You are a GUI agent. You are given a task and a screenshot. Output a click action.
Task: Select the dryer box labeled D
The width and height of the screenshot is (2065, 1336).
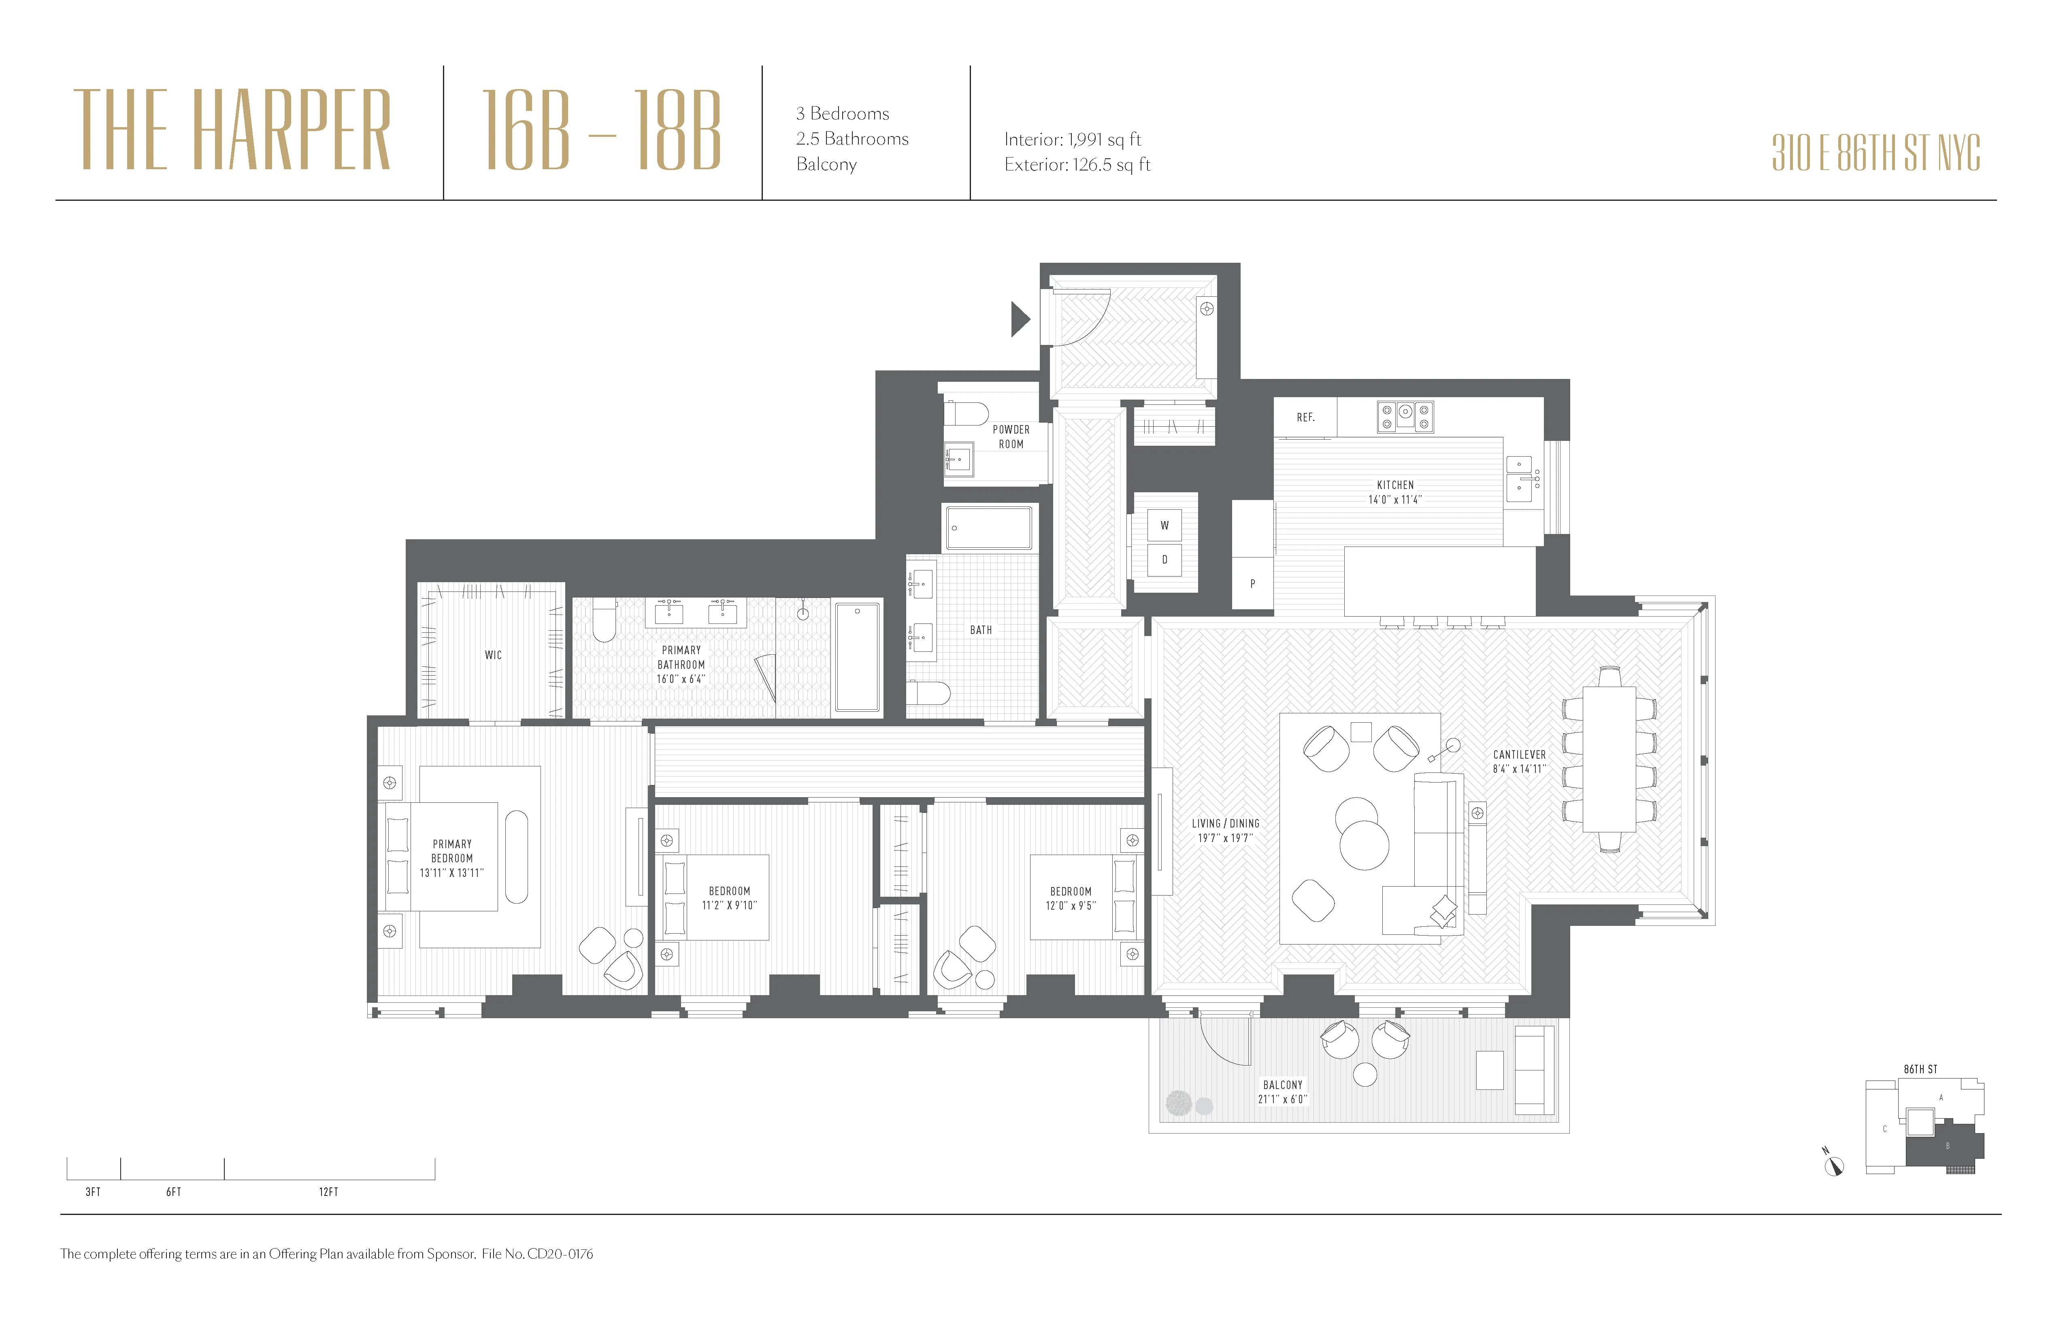[x=1164, y=560]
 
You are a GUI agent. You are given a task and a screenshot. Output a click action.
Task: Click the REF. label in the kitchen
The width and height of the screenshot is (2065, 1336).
[x=1305, y=417]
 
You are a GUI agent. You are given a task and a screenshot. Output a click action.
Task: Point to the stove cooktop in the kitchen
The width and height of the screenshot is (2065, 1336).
[x=1405, y=417]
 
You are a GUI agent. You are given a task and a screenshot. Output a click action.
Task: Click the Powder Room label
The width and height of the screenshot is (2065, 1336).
[x=1011, y=436]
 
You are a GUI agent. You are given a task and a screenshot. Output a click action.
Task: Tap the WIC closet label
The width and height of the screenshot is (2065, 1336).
[x=493, y=655]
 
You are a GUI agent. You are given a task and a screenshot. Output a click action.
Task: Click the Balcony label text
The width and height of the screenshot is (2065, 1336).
[x=1282, y=1085]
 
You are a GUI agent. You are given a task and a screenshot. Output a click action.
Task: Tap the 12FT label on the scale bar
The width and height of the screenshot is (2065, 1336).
[x=328, y=1192]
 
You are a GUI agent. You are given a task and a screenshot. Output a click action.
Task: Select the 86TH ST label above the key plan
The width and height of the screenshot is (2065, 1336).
[x=1920, y=1069]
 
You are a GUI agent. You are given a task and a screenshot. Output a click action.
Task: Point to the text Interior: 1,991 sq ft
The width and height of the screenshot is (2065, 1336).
[x=1073, y=140]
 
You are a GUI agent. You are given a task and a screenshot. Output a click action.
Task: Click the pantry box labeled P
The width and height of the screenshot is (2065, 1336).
[x=1252, y=583]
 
